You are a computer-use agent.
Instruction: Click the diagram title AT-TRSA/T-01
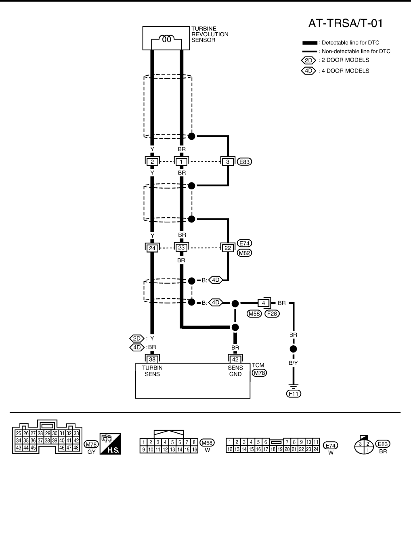tap(345, 23)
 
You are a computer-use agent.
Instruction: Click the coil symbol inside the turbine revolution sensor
tap(166, 39)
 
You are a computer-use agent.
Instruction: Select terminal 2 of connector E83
tap(152, 162)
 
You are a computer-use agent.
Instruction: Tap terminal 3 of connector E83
tap(228, 162)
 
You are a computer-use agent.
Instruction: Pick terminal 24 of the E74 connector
tap(152, 248)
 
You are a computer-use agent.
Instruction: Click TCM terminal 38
tap(152, 359)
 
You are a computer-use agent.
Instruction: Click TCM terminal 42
tap(235, 359)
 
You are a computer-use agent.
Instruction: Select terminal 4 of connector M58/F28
tap(263, 303)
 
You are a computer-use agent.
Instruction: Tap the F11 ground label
tap(294, 394)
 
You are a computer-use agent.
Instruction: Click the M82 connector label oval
tap(245, 253)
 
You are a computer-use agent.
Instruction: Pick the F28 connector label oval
tap(272, 313)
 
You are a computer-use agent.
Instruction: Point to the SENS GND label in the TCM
tap(235, 371)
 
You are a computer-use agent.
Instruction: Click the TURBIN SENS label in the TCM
tap(152, 371)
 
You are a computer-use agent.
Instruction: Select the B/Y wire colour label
tap(293, 363)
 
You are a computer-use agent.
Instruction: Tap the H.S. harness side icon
tap(110, 444)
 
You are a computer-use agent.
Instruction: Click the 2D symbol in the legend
tap(309, 60)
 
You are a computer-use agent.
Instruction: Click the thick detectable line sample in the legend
tap(310, 43)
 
